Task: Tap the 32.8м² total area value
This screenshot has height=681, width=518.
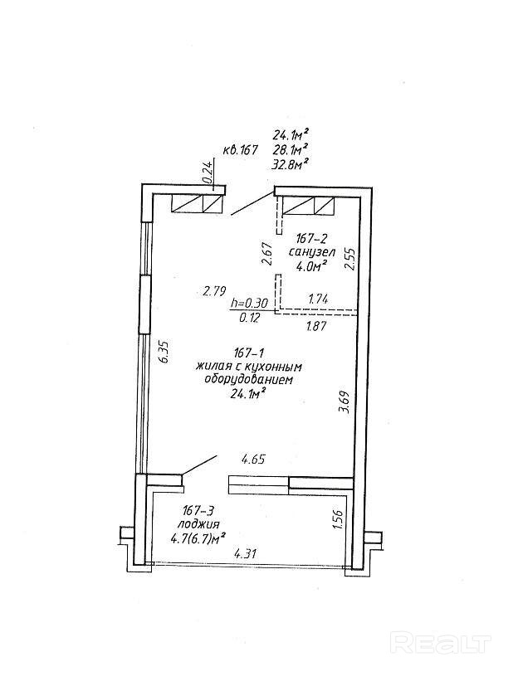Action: [291, 164]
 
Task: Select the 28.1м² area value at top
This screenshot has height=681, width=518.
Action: [291, 149]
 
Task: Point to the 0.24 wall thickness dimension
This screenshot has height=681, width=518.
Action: [208, 172]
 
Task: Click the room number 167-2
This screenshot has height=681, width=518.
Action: [306, 236]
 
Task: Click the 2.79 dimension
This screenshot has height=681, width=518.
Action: [214, 290]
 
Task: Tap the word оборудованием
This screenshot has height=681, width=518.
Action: [249, 379]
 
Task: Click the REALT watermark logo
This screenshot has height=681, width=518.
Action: [441, 644]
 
